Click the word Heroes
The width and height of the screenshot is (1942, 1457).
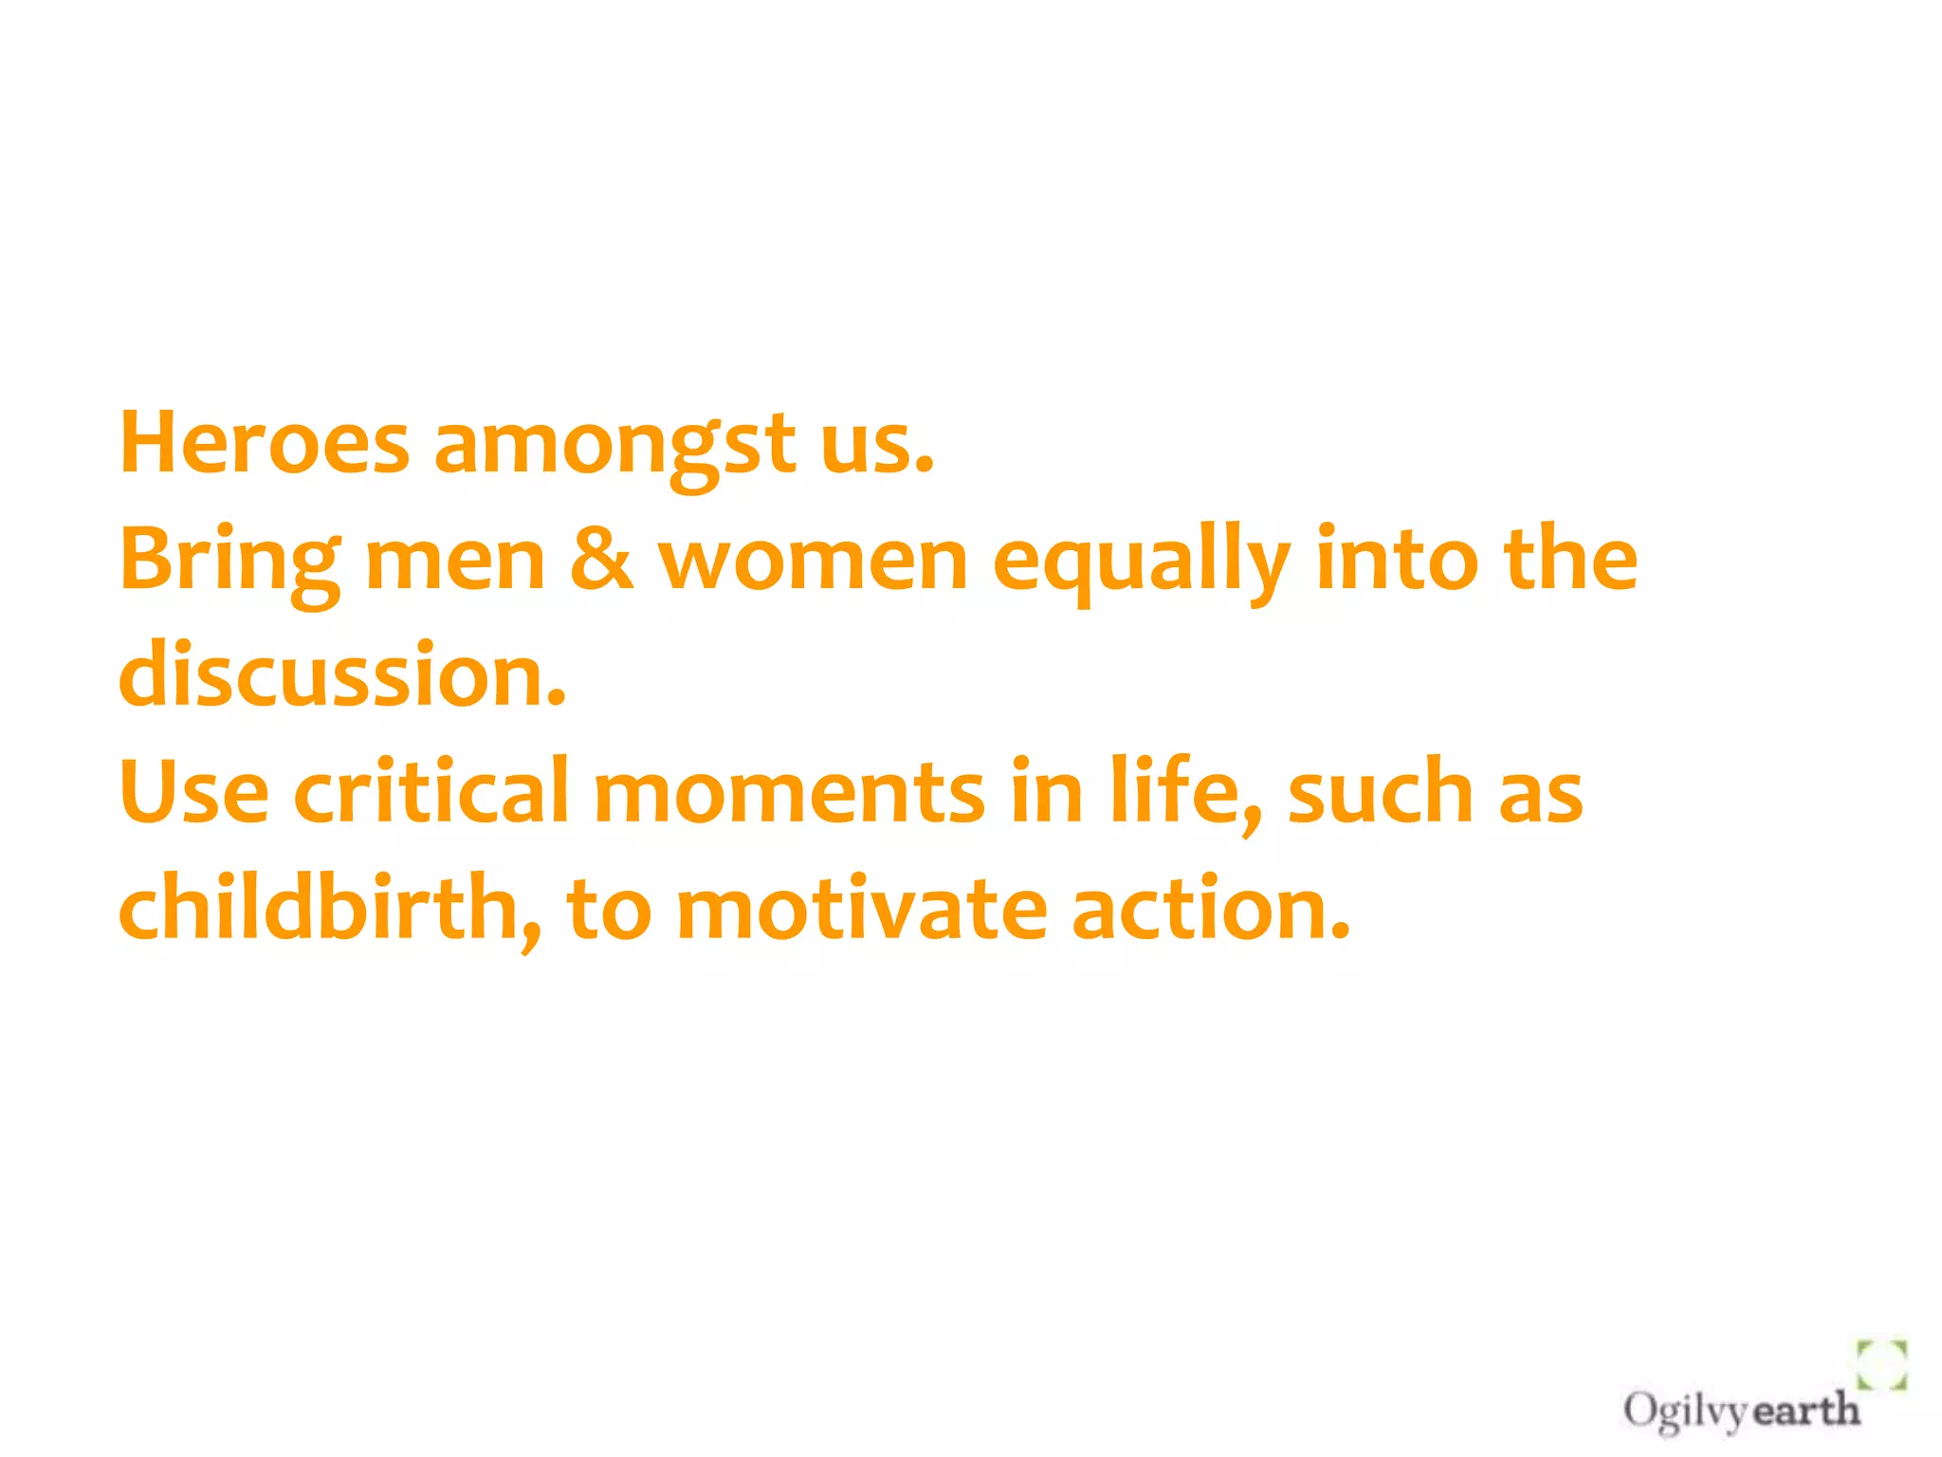click(x=265, y=443)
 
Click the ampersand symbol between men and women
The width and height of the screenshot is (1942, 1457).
click(x=601, y=560)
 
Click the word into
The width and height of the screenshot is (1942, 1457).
click(x=1397, y=560)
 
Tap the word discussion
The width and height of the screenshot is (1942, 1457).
click(x=341, y=675)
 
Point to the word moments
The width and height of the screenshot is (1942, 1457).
click(x=789, y=793)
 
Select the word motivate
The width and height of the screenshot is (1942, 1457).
click(x=861, y=909)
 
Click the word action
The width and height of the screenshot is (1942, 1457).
click(x=1209, y=909)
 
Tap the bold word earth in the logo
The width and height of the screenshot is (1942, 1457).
click(x=1805, y=1411)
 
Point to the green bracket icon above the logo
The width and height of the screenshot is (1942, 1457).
click(x=1881, y=1365)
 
